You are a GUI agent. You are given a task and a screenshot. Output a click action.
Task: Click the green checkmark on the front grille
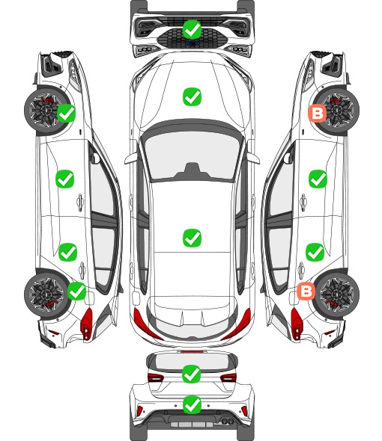point(192,29)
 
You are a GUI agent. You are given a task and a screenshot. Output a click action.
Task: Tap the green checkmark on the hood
point(192,96)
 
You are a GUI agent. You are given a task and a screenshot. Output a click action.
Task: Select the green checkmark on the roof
point(192,238)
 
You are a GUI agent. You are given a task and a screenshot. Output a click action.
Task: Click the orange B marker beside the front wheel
point(317,114)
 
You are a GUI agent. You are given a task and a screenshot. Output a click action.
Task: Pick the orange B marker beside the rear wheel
point(306,291)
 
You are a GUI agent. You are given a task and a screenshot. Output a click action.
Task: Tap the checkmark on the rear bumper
point(192,405)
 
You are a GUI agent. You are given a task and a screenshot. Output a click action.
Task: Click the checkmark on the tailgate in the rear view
point(192,374)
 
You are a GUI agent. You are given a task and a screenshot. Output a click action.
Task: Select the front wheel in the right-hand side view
point(336,111)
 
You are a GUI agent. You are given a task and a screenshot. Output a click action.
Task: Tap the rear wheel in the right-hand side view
point(336,294)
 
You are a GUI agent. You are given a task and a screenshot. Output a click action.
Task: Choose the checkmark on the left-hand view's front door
point(65,179)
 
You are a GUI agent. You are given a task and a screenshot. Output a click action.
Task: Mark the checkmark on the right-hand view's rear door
point(315,252)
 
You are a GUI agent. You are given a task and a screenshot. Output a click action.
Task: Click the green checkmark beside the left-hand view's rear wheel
point(77,291)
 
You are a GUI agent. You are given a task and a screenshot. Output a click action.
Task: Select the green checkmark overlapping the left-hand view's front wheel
point(66,113)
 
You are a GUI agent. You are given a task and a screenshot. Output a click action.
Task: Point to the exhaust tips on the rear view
point(226,421)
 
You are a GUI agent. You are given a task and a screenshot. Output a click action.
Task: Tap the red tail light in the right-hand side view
point(297,323)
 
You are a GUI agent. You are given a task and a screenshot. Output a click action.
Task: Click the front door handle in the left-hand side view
point(80,202)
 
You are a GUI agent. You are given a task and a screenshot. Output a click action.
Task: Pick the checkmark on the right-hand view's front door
point(318,179)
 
